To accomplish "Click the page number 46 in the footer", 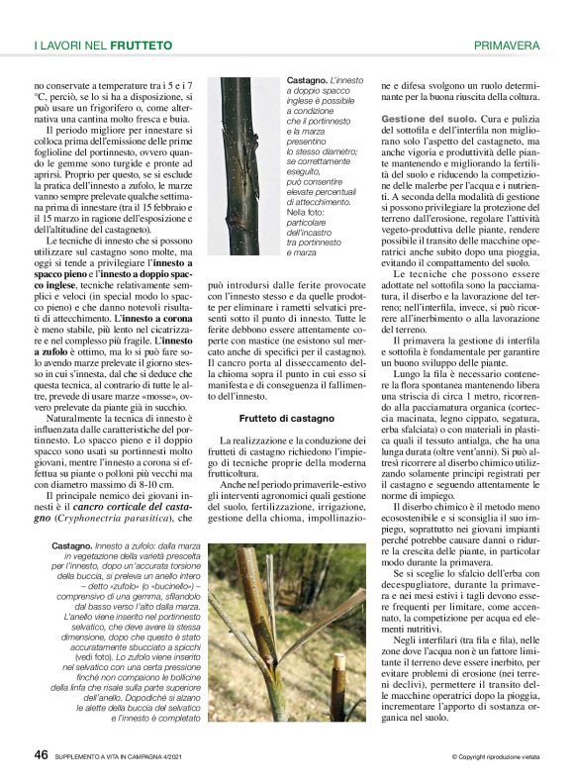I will (41, 754).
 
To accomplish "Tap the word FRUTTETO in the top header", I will (141, 46).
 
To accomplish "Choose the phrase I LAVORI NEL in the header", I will (70, 46).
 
